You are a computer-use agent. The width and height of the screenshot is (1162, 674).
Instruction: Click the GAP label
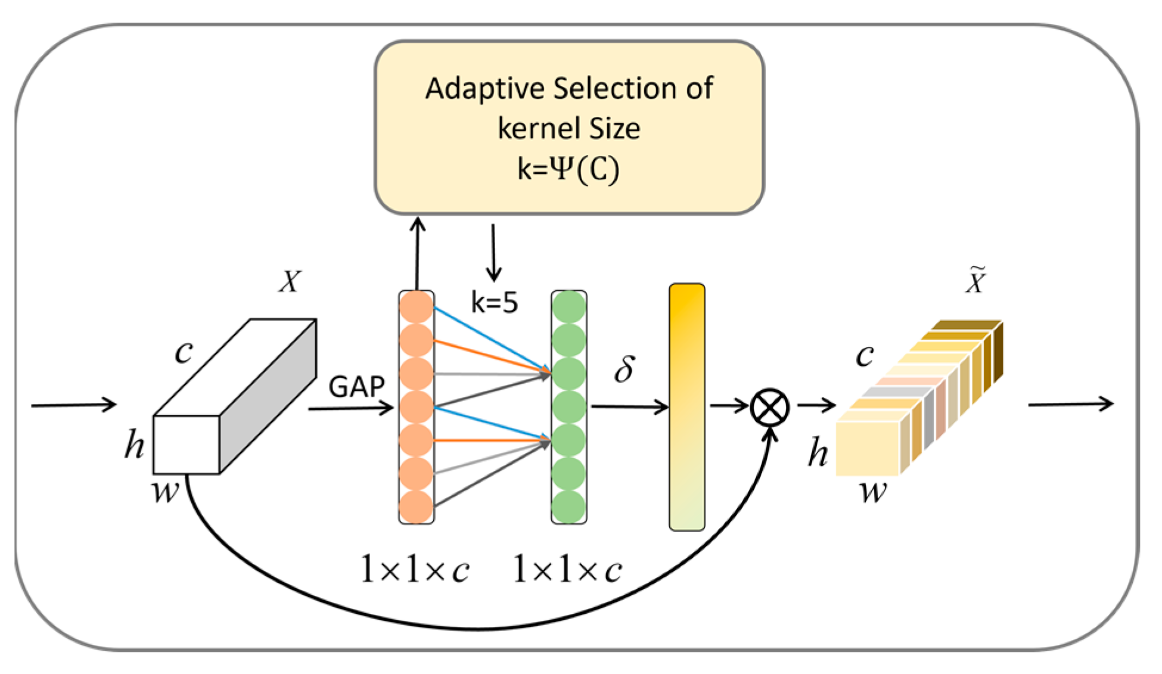click(x=356, y=387)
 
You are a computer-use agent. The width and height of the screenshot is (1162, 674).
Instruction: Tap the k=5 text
click(x=494, y=302)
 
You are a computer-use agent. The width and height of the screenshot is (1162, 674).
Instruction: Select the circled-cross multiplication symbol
click(x=769, y=408)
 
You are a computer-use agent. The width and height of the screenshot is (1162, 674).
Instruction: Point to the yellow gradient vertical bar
click(x=686, y=408)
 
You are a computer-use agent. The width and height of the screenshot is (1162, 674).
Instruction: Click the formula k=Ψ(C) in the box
click(x=568, y=169)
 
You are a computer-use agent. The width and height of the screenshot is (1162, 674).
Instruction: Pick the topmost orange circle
click(x=416, y=307)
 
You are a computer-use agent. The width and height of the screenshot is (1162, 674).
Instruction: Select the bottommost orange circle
click(x=416, y=507)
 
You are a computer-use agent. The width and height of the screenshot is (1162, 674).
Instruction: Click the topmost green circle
click(x=569, y=307)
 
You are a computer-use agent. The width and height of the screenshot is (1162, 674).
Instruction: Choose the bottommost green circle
click(x=569, y=507)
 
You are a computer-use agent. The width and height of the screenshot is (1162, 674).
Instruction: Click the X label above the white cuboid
click(x=290, y=281)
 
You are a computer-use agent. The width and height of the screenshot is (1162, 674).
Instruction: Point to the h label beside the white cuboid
click(x=134, y=445)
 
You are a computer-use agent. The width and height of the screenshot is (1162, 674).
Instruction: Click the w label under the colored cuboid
click(x=873, y=492)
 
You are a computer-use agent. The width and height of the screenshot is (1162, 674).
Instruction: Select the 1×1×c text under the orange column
click(x=415, y=569)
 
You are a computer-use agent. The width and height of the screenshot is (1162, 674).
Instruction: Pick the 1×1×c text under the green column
click(x=567, y=569)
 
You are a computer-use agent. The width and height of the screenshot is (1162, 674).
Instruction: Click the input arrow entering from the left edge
click(x=74, y=405)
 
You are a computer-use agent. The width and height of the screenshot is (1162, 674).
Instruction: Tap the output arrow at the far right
click(x=1070, y=405)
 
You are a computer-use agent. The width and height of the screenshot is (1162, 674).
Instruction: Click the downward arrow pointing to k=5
click(x=493, y=253)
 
